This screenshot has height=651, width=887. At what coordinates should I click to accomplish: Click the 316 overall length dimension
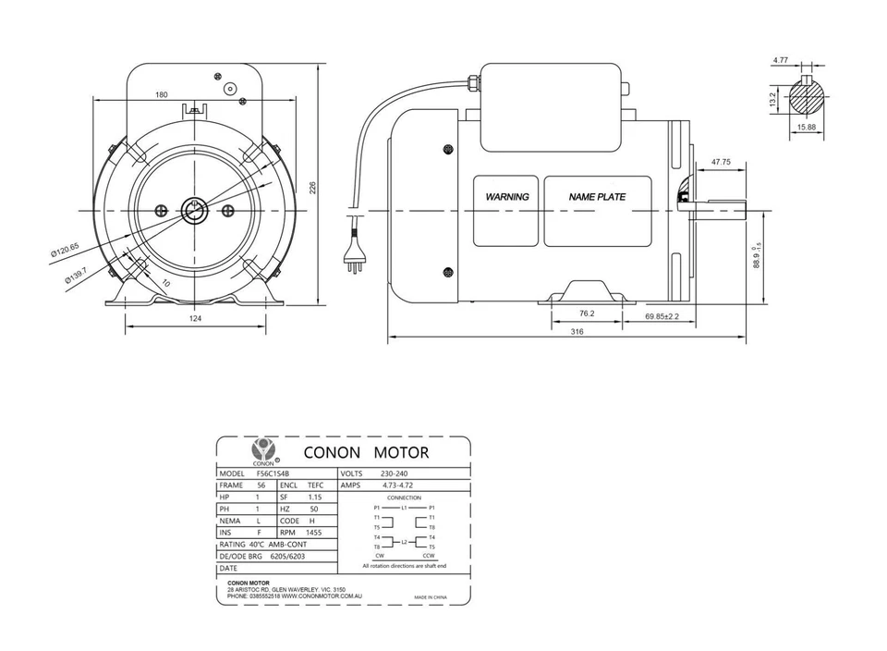pos(577,331)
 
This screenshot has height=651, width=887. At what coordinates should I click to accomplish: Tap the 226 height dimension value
pos(312,187)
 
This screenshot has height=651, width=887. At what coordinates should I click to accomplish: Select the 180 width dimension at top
pos(162,95)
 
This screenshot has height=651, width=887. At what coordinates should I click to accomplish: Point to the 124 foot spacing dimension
pos(195,318)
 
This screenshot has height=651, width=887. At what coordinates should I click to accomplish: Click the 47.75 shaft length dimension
pos(721,162)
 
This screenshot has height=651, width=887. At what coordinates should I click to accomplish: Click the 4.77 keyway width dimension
pos(781,60)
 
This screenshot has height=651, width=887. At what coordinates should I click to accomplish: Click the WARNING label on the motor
pos(507,197)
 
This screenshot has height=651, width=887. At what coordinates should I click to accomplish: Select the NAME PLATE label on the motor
pos(597,197)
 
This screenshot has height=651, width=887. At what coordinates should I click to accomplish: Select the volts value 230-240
pos(395,473)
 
